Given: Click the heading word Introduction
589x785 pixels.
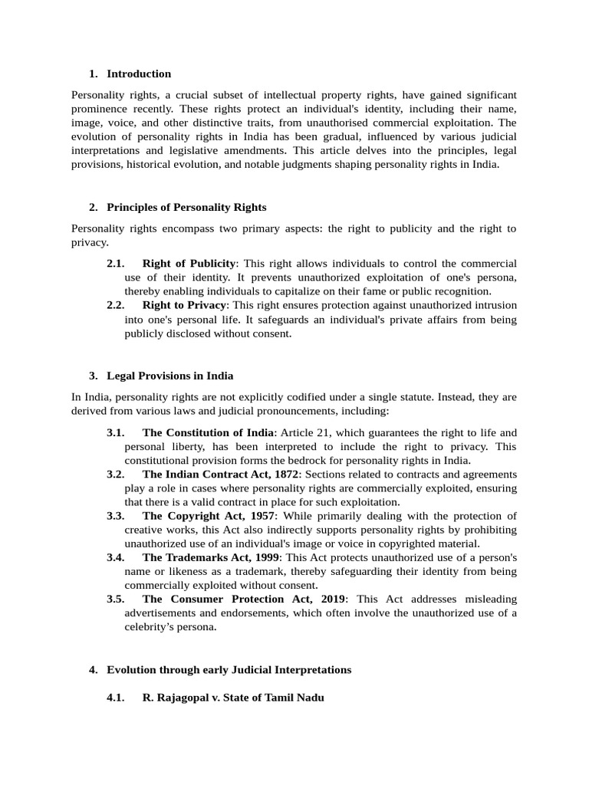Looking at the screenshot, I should click(x=139, y=74).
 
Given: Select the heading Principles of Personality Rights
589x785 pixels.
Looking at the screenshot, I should click(x=186, y=208).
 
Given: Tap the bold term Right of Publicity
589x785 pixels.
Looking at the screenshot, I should click(x=189, y=264).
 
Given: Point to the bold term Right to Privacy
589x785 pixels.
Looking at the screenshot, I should click(x=184, y=305).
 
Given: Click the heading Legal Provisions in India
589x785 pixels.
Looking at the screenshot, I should click(x=170, y=376).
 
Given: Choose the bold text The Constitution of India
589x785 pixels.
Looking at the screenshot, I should click(x=207, y=432).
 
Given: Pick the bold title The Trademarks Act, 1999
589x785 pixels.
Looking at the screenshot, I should click(x=211, y=557).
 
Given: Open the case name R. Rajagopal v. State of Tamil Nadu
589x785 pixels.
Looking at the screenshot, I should click(x=233, y=698).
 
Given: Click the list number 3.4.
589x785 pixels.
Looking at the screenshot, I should click(x=116, y=557).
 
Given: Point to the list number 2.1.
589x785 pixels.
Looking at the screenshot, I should click(x=116, y=264).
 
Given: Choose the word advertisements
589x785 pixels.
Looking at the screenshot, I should click(x=162, y=613).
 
